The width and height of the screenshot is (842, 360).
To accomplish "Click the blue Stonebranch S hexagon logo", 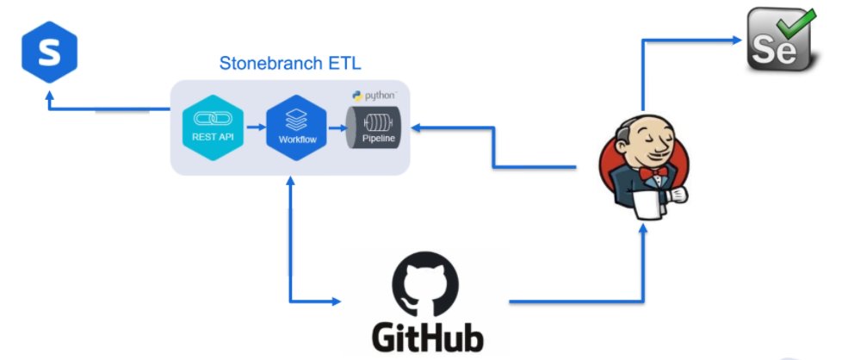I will (x=49, y=53).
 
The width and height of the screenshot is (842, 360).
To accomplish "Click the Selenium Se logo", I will (x=778, y=39).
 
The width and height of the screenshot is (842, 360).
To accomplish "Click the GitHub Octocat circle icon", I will (x=425, y=287).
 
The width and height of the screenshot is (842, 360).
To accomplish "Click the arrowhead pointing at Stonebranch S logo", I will (x=49, y=96).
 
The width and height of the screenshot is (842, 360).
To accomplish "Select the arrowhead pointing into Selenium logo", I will (x=739, y=39).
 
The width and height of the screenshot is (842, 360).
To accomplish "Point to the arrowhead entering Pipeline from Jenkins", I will (x=416, y=127).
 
